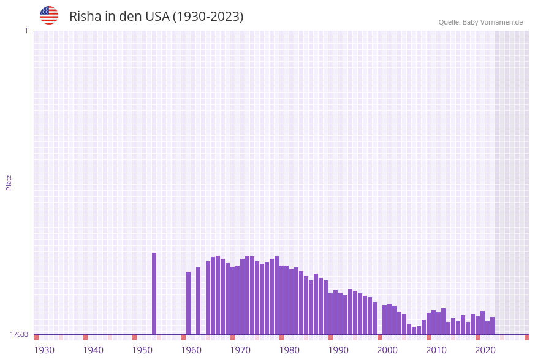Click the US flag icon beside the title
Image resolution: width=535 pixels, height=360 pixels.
(x=49, y=15)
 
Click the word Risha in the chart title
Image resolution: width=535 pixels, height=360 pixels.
(x=85, y=17)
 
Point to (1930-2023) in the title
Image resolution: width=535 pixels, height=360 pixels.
(x=208, y=17)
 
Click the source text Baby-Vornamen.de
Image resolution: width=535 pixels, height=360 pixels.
(x=493, y=22)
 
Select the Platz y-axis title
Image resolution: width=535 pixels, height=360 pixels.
(x=9, y=182)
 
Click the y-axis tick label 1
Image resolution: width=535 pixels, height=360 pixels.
(x=26, y=31)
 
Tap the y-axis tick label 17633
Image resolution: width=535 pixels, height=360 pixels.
(x=19, y=334)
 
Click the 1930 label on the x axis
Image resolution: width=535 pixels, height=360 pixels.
(x=44, y=350)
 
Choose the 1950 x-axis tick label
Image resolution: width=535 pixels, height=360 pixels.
(x=142, y=350)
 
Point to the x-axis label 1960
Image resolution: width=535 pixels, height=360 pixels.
(x=191, y=350)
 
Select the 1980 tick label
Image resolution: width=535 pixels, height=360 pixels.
(x=289, y=350)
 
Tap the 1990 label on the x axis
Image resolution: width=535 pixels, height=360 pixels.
(x=338, y=350)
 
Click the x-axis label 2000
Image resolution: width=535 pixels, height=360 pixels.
(x=387, y=350)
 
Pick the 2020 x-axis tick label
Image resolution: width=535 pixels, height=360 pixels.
(x=485, y=350)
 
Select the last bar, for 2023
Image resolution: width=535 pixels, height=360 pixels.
(x=492, y=326)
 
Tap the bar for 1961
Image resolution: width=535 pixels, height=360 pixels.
(x=188, y=303)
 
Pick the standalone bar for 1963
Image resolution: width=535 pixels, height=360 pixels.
(x=198, y=301)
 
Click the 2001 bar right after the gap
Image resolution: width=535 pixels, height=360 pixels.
(x=384, y=320)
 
